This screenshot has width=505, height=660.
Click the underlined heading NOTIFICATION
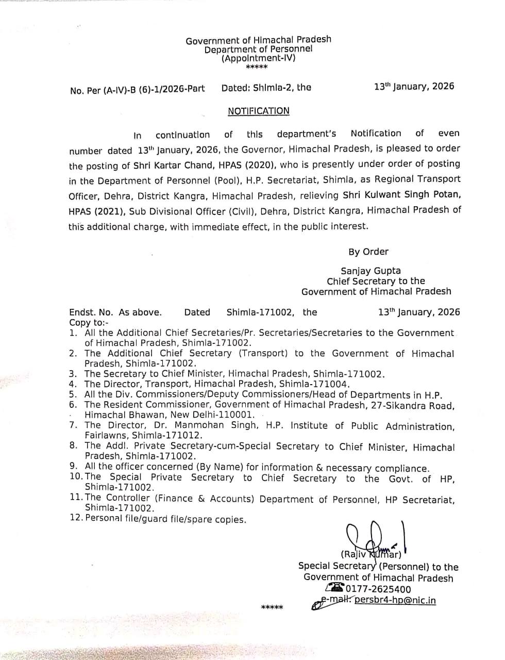(259, 111)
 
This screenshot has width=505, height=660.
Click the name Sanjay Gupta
(371, 271)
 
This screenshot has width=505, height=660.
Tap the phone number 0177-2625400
(378, 589)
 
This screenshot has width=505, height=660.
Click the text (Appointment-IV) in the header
(258, 59)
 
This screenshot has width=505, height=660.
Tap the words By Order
(368, 252)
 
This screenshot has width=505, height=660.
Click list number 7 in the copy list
(73, 425)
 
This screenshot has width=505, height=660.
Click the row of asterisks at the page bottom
(272, 607)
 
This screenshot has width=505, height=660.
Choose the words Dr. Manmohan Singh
(215, 425)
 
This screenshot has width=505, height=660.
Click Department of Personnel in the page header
(258, 49)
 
